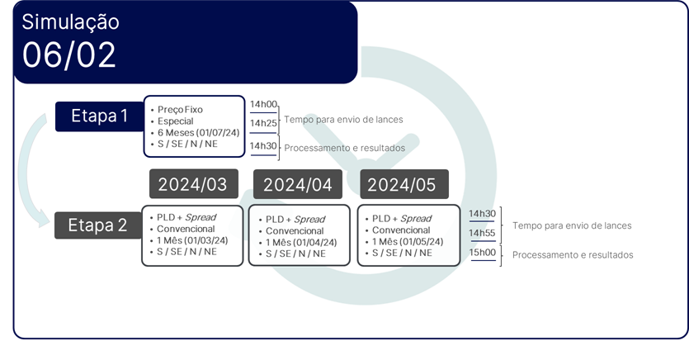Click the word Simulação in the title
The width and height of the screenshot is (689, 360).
[70, 22]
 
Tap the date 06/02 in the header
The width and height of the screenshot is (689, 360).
[69, 55]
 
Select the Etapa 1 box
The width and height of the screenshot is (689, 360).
[99, 116]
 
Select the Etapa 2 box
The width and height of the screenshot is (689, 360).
[98, 225]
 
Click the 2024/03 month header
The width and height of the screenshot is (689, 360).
[194, 184]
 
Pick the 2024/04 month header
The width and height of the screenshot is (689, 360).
[298, 185]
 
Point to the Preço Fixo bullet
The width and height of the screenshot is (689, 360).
[180, 110]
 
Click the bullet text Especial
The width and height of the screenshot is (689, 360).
[175, 121]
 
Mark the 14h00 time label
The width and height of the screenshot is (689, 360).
[264, 104]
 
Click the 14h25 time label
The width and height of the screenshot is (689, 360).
[264, 123]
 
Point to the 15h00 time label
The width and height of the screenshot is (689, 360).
[483, 253]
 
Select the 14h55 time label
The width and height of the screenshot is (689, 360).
[482, 233]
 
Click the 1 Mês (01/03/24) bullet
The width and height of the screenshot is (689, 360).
[192, 240]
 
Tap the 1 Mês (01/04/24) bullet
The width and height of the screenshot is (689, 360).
[301, 242]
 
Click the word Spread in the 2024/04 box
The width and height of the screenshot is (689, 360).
[309, 220]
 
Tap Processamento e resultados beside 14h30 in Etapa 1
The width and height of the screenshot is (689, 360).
[345, 148]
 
